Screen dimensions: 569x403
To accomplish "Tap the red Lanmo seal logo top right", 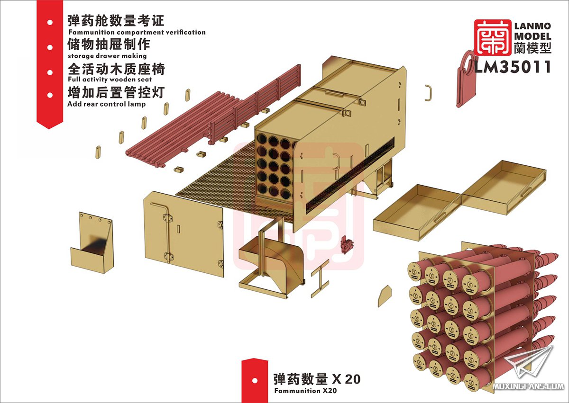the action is click(493, 37).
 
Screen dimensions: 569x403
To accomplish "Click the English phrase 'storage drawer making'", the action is click(107, 55).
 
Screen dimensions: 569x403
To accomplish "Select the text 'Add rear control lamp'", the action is click(106, 104).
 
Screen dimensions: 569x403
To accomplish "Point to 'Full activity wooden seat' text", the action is click(110, 80).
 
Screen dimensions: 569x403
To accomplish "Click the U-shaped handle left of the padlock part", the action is click(429, 93).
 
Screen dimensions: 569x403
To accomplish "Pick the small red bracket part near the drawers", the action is click(346, 244).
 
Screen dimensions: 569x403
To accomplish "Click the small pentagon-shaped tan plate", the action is click(385, 296).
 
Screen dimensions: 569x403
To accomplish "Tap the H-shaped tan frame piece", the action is click(321, 278).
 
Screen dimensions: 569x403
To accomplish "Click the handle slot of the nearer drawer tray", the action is click(440, 217).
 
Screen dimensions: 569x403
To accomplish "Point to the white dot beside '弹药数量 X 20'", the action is click(255, 381).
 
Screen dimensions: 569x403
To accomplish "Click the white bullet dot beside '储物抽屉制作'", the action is click(50, 47).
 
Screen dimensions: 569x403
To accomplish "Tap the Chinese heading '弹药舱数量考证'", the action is click(116, 20).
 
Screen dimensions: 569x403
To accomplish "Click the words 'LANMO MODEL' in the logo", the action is click(532, 31).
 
